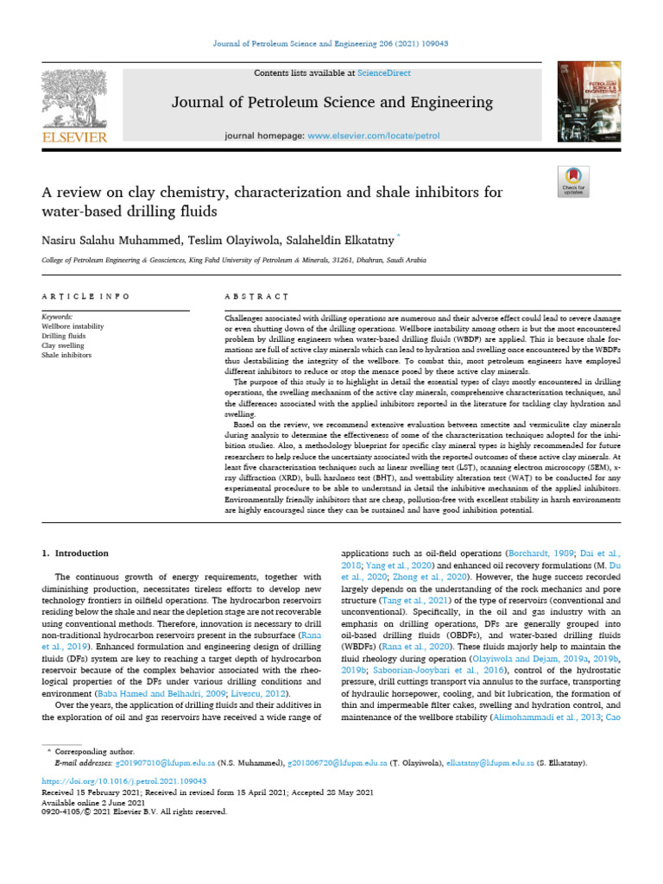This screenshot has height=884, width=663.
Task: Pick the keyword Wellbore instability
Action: [x=73, y=327]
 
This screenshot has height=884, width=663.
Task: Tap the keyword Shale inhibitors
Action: [x=66, y=355]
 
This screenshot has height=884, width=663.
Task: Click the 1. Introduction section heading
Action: [x=76, y=552]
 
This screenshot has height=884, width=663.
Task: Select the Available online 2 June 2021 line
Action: [x=95, y=802]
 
